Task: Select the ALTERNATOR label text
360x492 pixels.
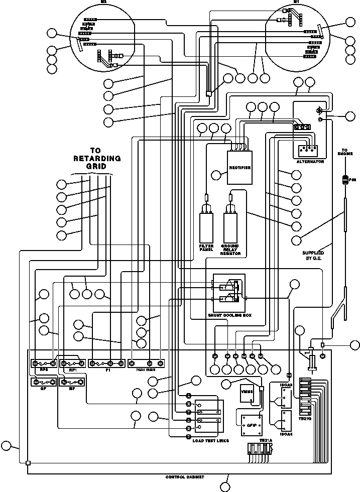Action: (x=310, y=162)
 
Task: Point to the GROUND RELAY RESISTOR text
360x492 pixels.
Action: (x=230, y=250)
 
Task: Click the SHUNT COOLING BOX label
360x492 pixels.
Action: (x=229, y=315)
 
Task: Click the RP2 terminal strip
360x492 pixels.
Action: (x=43, y=363)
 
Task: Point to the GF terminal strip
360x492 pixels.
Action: (x=43, y=383)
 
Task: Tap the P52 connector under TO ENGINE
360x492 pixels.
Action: (x=345, y=180)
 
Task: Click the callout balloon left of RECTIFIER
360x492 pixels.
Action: (x=216, y=175)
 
